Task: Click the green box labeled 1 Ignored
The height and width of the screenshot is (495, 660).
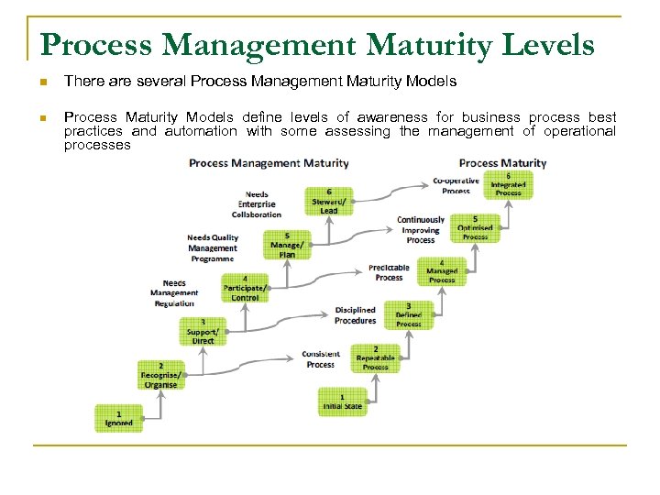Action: pos(118,418)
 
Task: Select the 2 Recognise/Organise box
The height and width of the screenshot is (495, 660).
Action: pos(160,375)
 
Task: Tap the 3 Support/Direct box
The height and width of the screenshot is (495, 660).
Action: pos(203,332)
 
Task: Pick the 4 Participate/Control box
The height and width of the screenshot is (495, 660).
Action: pos(245,288)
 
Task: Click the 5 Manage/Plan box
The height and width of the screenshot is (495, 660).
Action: pos(287,245)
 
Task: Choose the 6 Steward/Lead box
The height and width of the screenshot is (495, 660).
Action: pos(329,201)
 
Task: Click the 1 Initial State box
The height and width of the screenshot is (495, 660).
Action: pos(342,401)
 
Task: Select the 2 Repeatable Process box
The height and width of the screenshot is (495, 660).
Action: pos(376,358)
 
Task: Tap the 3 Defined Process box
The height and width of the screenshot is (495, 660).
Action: pos(409,314)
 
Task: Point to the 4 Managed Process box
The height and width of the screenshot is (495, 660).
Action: pos(442,271)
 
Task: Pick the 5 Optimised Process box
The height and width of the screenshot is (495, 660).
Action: pos(475,228)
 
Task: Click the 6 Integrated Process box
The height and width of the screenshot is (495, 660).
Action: pos(508,184)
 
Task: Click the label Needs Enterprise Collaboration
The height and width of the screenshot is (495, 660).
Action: pos(257,204)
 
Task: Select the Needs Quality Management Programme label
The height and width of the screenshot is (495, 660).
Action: pos(213,248)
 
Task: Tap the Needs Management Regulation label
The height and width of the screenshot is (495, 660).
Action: pos(174,293)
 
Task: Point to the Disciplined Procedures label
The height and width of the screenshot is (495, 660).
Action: pos(355,315)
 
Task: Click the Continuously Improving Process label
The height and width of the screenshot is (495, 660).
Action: pos(421,229)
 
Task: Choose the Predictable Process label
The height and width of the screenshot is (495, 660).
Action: pos(389,272)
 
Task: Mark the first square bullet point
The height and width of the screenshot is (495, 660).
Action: pos(42,82)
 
